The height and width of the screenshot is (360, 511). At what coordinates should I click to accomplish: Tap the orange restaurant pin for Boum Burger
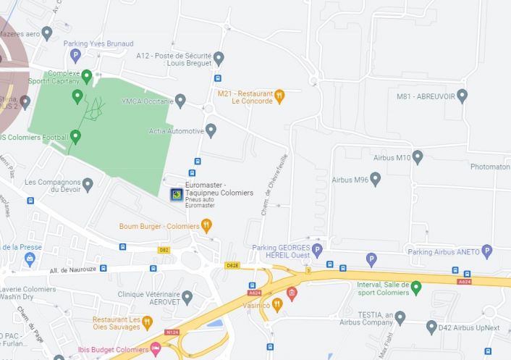click(x=206, y=226)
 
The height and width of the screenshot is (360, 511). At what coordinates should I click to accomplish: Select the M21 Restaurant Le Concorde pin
click(x=279, y=96)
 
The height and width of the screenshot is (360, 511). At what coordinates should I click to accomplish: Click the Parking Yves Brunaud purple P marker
click(x=75, y=55)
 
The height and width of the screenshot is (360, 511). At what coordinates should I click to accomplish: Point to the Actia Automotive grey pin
click(x=211, y=130)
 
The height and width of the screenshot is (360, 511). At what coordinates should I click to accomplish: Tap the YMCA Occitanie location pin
click(x=180, y=100)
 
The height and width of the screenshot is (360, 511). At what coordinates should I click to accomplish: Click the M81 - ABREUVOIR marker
click(x=462, y=96)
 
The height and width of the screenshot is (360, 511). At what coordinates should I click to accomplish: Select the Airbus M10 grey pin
click(x=417, y=156)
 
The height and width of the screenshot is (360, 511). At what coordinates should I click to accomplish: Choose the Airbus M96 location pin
click(x=376, y=179)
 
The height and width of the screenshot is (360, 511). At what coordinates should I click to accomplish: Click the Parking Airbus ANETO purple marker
click(x=487, y=251)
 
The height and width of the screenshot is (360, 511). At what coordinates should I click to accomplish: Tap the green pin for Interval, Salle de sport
click(x=415, y=288)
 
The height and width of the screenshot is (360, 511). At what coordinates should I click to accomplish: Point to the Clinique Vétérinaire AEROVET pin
click(x=187, y=296)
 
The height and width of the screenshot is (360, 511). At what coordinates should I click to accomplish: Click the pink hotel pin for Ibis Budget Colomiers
click(x=155, y=350)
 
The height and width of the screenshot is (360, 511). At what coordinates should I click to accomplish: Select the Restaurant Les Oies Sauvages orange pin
click(x=147, y=322)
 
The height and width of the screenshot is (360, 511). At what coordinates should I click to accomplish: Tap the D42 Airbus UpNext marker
click(x=431, y=327)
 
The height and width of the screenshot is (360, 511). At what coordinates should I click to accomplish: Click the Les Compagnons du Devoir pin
click(x=88, y=185)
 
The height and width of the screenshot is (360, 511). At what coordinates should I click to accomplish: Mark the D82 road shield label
click(x=164, y=249)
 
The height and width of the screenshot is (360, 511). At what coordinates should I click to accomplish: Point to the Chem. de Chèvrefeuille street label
click(x=276, y=185)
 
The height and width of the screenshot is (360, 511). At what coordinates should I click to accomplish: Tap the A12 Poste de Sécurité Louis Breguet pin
click(x=219, y=58)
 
